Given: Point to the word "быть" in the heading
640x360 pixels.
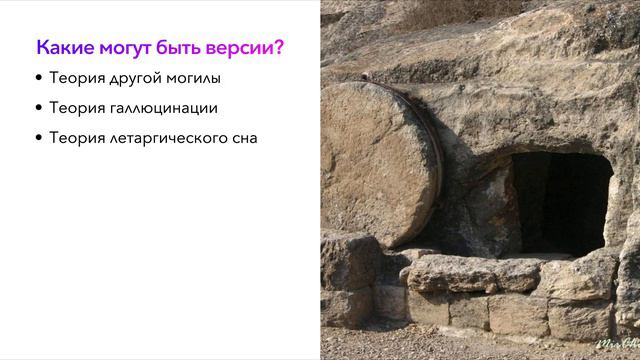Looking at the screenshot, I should point(178,47).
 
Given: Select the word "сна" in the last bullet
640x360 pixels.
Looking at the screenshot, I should point(243,138).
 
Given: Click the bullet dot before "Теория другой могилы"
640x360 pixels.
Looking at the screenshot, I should point(39,78).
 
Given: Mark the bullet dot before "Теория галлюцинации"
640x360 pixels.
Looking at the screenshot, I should point(39,108).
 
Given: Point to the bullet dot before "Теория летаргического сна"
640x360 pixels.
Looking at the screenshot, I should point(39,138).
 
